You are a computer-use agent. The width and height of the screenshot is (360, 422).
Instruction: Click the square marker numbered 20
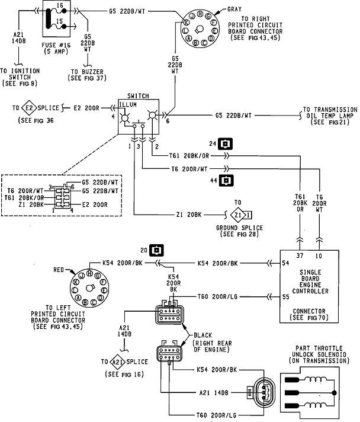pos(155,250)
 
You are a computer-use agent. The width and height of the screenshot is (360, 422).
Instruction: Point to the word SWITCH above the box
pos(137,95)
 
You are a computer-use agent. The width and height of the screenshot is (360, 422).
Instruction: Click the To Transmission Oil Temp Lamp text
pos(329,115)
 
